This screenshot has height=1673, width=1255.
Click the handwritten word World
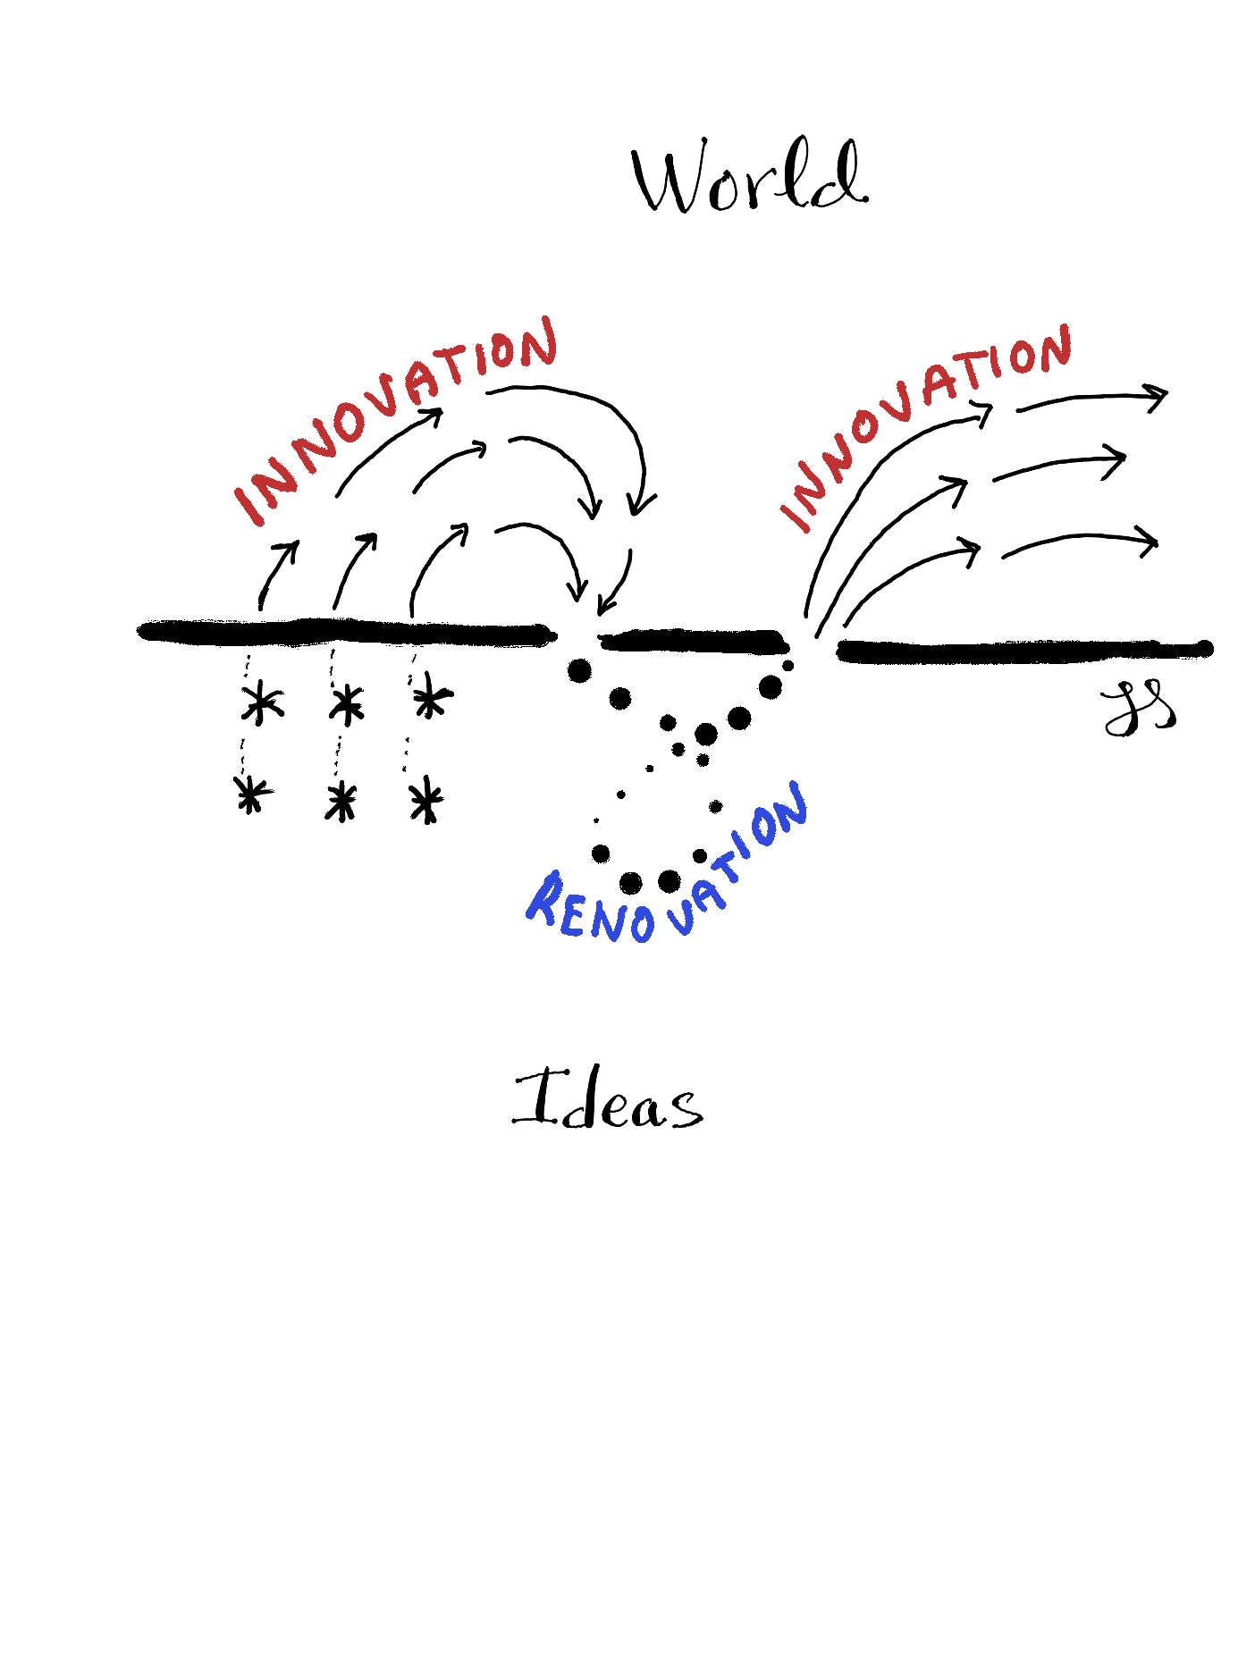point(749,177)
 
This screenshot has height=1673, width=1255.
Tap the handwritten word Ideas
point(608,1100)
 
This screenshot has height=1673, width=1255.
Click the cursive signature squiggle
point(1137,709)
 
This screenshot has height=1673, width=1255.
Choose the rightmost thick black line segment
point(1023,650)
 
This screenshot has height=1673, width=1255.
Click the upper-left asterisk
point(262,702)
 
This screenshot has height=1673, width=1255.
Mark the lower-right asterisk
point(426,800)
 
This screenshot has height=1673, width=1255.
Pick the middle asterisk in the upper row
point(346,703)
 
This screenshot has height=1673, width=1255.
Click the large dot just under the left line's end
point(579,670)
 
